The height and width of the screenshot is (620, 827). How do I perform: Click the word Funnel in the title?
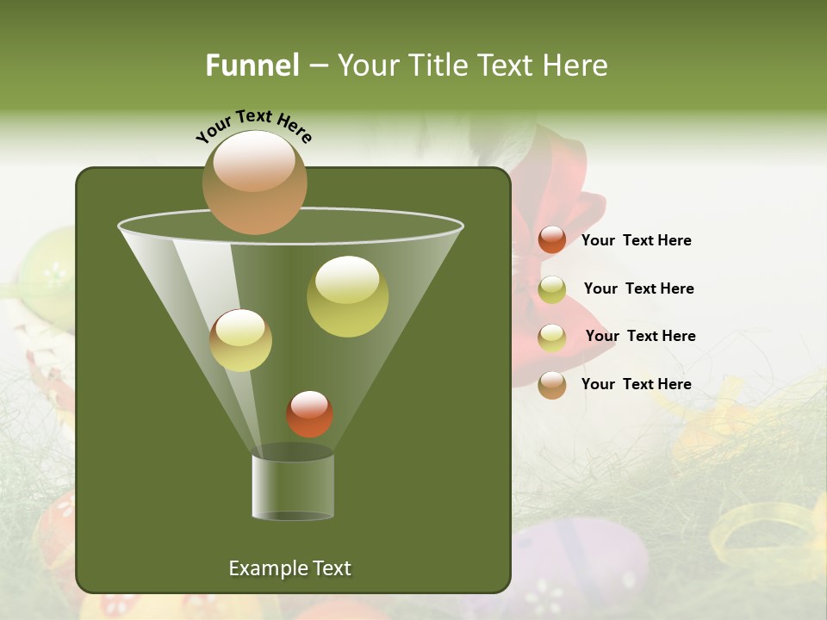click(252, 65)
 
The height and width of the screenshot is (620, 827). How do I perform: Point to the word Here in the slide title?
click(574, 65)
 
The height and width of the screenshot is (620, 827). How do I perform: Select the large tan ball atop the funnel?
click(255, 183)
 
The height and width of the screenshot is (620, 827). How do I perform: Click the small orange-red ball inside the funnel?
click(309, 414)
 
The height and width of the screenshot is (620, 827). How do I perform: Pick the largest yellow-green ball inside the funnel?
click(347, 296)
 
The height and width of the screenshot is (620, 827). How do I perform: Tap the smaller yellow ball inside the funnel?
click(241, 340)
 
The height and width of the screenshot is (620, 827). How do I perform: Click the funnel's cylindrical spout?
click(293, 487)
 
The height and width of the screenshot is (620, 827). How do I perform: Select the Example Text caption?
click(289, 568)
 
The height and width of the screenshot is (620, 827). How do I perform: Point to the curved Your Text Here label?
click(253, 125)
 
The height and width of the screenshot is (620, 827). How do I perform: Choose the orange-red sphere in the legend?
click(552, 240)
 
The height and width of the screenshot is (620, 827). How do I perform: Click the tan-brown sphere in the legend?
click(552, 385)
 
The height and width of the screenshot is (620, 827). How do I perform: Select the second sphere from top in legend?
click(552, 289)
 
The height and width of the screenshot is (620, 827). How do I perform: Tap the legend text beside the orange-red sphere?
click(636, 240)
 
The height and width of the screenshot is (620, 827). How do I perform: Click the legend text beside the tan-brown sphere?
click(636, 384)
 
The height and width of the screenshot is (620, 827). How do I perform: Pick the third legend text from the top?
click(640, 336)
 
